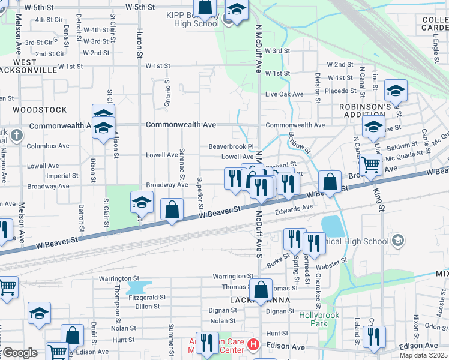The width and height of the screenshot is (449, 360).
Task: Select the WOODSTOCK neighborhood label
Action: (40, 110)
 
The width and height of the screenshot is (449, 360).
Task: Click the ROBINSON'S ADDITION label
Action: (357, 112)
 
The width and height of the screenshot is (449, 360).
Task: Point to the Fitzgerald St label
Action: (146, 297)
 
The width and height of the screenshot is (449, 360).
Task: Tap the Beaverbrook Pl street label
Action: (232, 146)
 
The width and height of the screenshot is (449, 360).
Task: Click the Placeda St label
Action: (341, 91)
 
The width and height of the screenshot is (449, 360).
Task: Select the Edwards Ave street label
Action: (294, 208)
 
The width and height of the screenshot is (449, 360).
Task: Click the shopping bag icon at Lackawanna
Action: (261, 290)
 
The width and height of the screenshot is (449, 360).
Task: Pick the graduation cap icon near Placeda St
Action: (396, 91)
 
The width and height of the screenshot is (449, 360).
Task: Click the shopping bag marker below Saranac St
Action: (172, 210)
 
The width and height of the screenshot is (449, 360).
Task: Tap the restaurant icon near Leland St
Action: (374, 337)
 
